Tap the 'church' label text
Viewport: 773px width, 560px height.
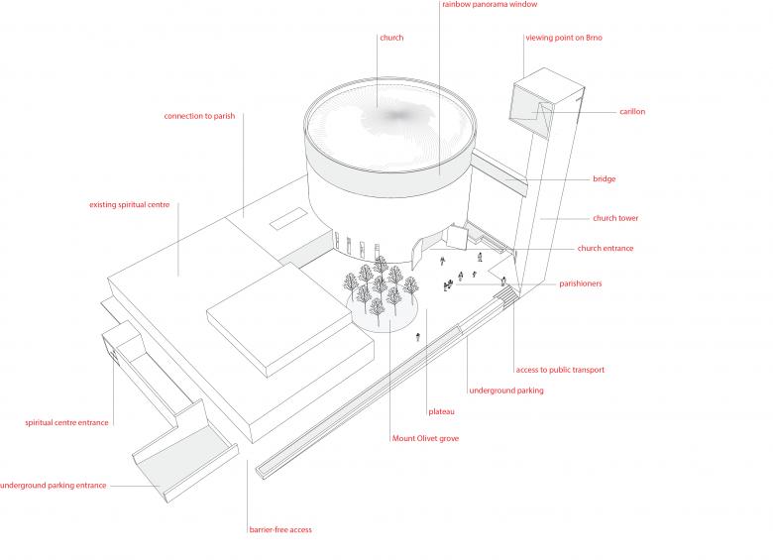tap(391, 38)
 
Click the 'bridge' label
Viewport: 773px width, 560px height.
tap(604, 179)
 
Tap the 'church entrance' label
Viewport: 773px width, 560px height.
tap(605, 249)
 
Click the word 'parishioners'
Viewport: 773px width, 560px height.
tap(594, 283)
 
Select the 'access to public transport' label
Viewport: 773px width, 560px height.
tap(559, 370)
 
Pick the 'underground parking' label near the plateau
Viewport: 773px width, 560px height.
tap(505, 391)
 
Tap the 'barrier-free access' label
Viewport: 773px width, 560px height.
tap(280, 530)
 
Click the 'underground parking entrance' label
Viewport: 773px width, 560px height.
tap(53, 486)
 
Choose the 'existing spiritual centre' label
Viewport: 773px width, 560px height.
tap(129, 205)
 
